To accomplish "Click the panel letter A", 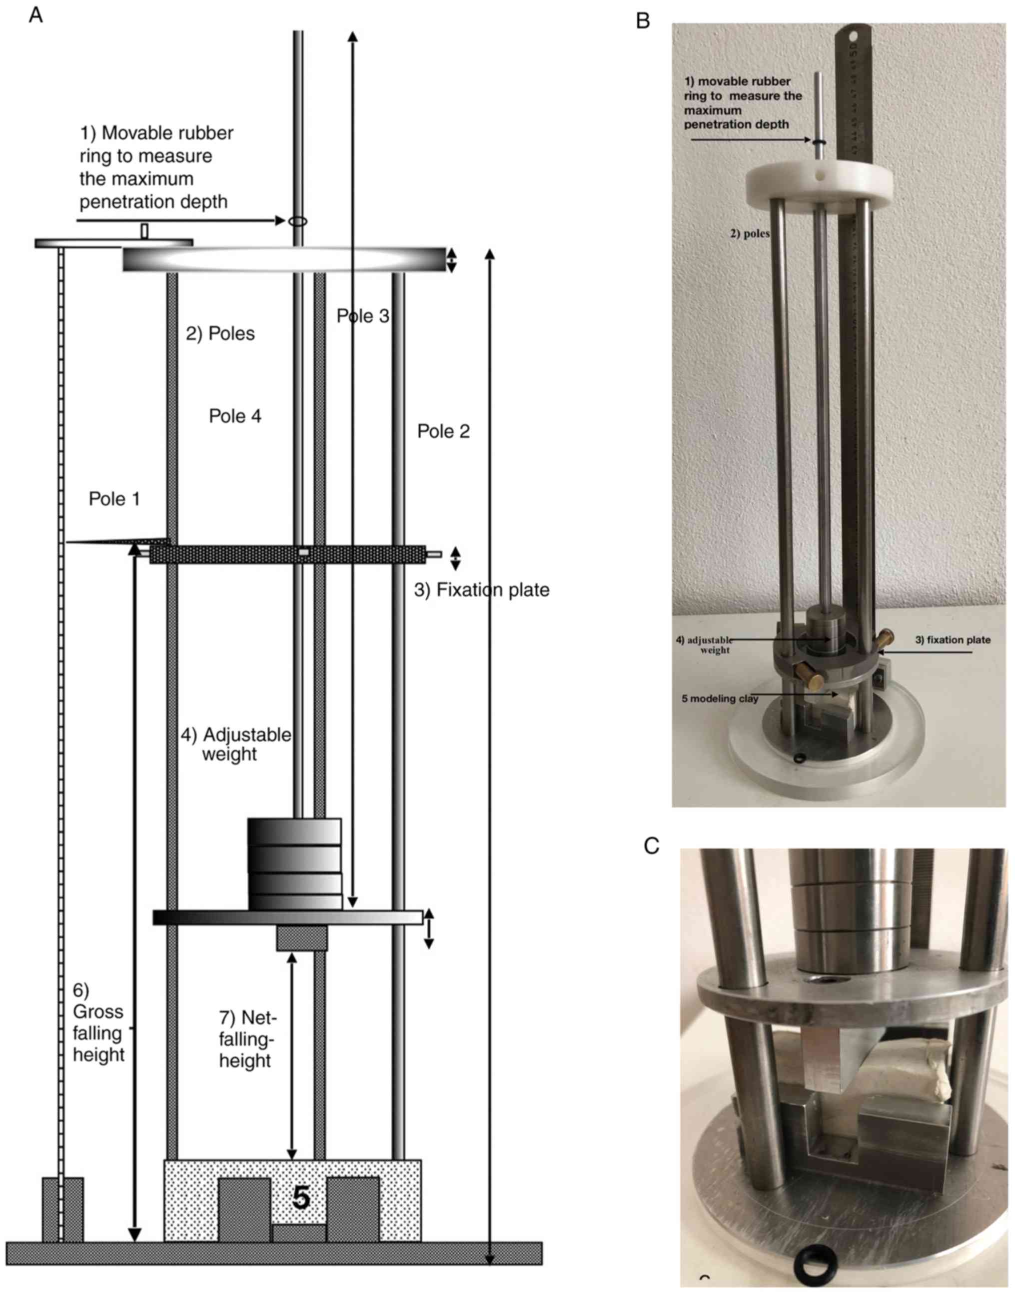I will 35,15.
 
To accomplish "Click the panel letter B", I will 643,21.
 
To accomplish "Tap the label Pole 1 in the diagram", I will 114,498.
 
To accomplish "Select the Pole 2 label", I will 443,431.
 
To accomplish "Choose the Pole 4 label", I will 235,416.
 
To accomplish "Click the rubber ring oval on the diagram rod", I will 298,221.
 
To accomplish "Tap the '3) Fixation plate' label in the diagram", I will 481,590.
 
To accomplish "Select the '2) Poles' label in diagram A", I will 220,333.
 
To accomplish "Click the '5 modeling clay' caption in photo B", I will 720,698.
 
